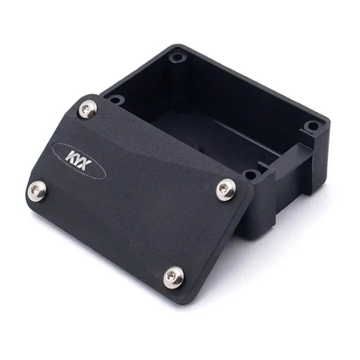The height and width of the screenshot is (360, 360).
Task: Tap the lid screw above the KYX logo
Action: click(88, 109)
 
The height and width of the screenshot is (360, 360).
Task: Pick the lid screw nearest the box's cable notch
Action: click(226, 189)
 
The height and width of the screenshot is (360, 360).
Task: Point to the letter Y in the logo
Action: click(79, 159)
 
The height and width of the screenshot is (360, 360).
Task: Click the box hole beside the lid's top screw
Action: click(115, 99)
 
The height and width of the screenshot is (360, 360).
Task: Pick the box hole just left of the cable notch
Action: click(251, 174)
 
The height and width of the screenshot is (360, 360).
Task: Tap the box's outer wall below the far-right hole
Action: click(320, 157)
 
